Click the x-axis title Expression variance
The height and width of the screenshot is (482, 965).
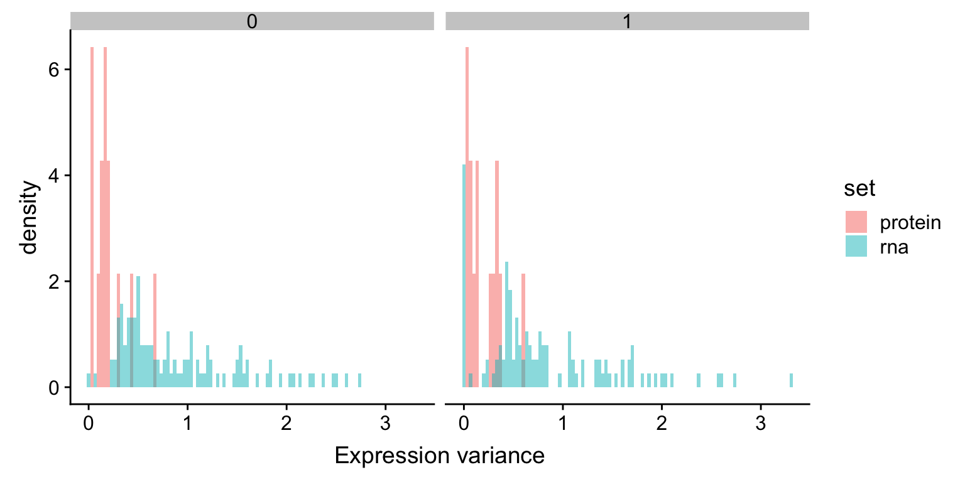click(x=439, y=456)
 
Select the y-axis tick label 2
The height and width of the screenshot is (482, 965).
click(x=56, y=282)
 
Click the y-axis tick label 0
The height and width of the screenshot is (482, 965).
click(x=56, y=388)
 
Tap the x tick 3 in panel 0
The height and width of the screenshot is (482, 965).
click(x=385, y=422)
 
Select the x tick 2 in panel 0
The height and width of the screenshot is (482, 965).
click(x=286, y=422)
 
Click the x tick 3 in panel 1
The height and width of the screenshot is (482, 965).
click(x=760, y=422)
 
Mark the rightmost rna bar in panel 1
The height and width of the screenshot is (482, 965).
click(x=791, y=381)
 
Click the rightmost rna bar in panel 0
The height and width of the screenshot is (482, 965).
click(x=359, y=381)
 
